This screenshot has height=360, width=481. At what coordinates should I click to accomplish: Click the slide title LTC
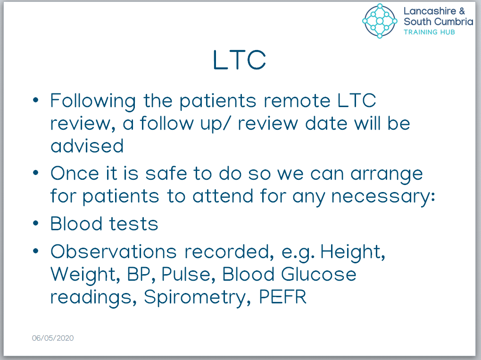tap(239, 60)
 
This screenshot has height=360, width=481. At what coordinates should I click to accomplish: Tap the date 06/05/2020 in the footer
tap(53, 338)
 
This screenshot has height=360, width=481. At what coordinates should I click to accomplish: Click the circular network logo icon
tap(380, 21)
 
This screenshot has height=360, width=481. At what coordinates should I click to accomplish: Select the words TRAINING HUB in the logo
tap(429, 32)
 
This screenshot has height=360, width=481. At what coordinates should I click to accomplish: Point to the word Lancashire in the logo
tap(430, 11)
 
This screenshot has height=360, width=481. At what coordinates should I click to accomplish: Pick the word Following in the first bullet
tap(93, 101)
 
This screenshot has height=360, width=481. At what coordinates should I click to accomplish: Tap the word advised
tap(87, 146)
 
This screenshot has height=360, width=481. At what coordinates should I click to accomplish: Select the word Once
tap(75, 174)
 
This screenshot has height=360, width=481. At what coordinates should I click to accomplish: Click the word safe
tap(166, 174)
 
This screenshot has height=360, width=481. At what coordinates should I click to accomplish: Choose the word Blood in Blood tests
tap(76, 224)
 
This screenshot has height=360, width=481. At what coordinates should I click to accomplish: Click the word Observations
tap(114, 251)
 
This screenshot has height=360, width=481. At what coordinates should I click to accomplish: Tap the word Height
tap(353, 252)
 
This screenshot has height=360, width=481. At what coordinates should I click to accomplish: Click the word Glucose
tap(319, 274)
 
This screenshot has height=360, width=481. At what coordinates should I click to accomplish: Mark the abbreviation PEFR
tap(283, 297)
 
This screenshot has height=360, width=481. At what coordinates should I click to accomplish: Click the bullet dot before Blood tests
tap(36, 224)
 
